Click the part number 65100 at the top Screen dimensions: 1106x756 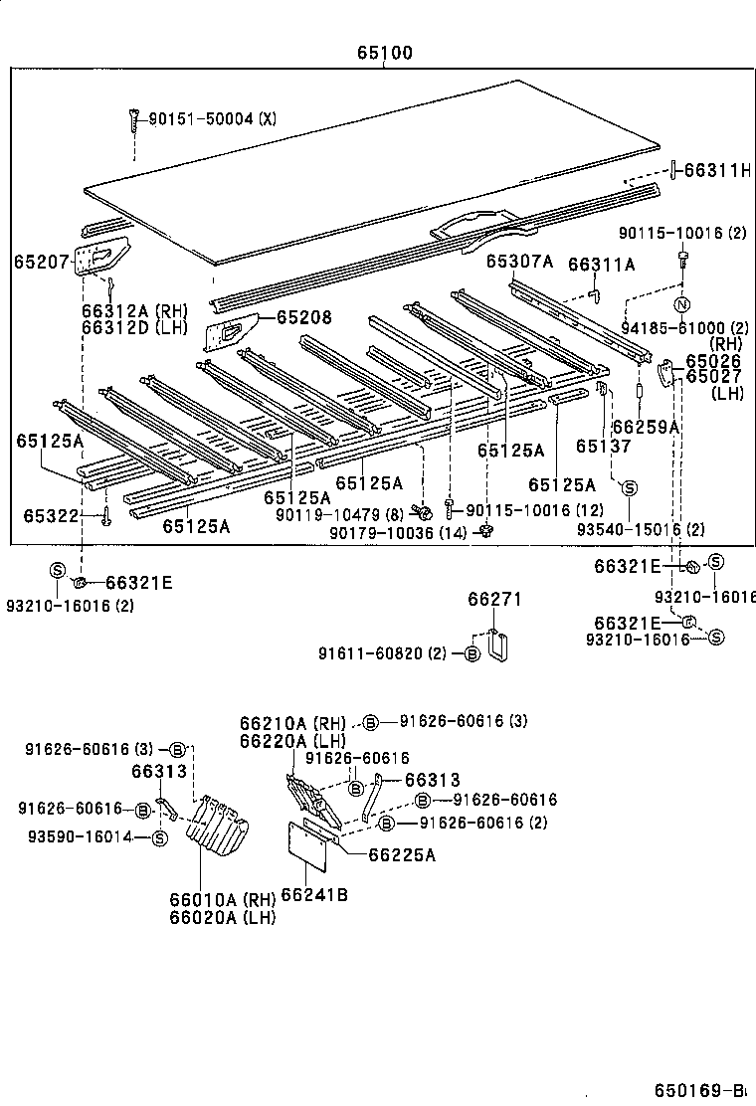coord(385,53)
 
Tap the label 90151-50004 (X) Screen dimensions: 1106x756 coord(212,119)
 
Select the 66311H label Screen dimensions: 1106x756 coord(717,170)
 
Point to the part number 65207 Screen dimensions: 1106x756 coord(41,262)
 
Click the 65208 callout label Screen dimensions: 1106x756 coord(303,317)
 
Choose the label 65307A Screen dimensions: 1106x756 coord(518,261)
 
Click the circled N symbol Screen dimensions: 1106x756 coord(681,305)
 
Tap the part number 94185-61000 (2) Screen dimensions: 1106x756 coord(685,327)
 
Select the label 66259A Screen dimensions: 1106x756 coord(646,426)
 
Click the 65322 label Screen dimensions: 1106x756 coord(50,515)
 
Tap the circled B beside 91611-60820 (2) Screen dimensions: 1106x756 coord(472,653)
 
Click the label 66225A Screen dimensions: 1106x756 coord(402,854)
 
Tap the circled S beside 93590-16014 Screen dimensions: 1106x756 coord(159,838)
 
